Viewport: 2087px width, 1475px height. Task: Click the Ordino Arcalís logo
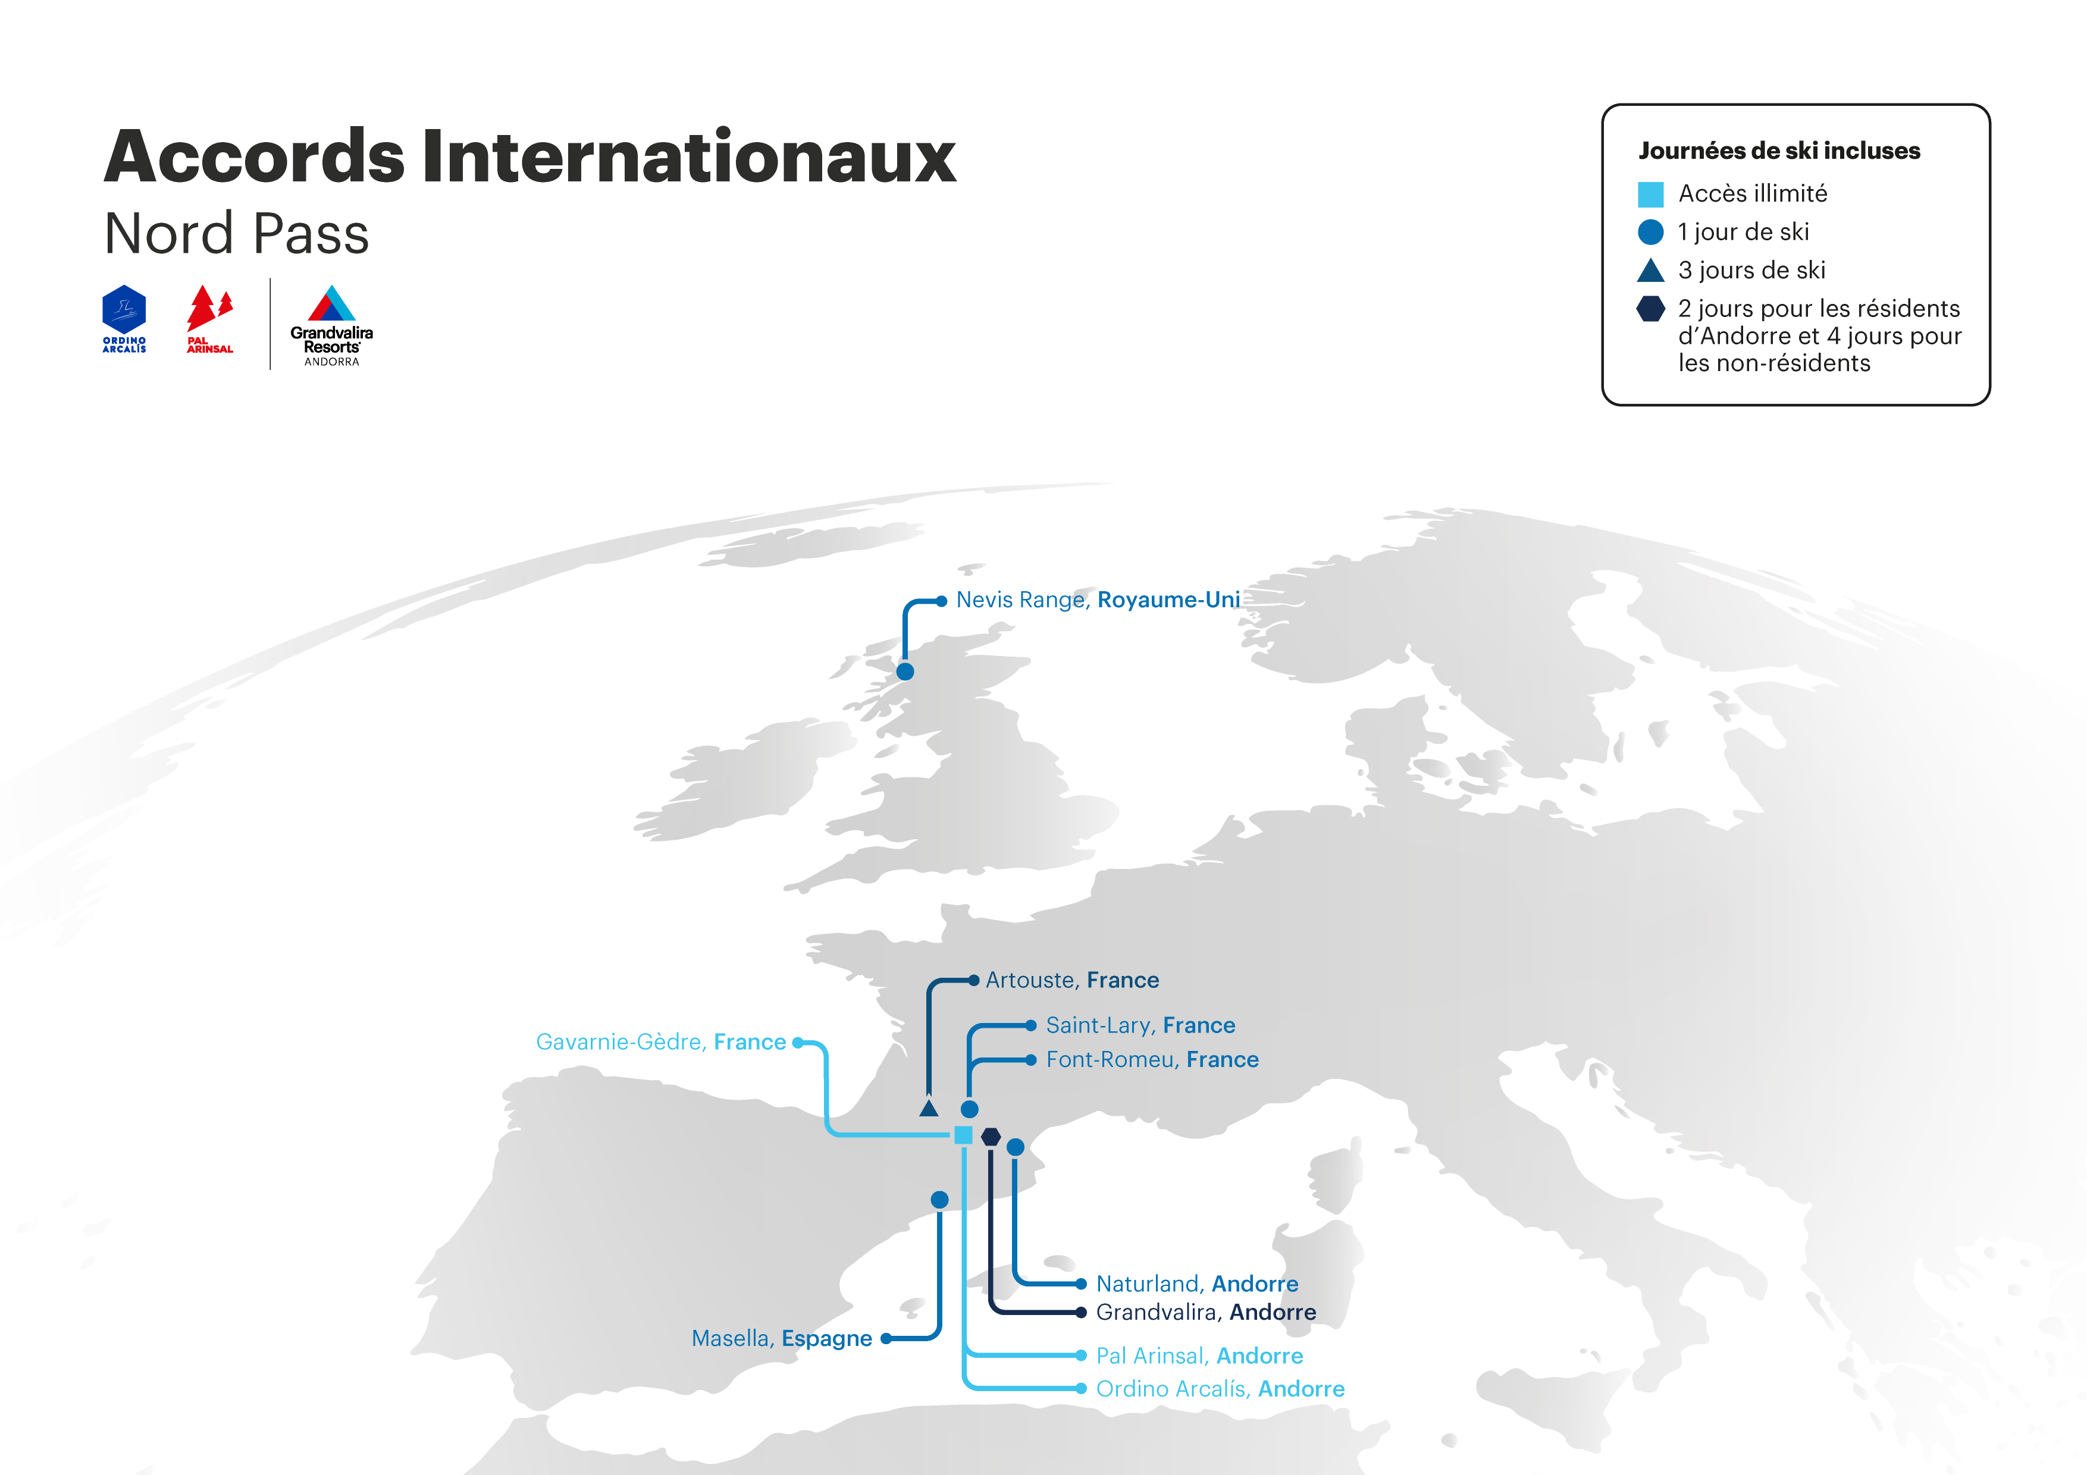[x=124, y=319]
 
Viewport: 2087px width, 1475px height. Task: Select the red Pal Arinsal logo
[x=210, y=319]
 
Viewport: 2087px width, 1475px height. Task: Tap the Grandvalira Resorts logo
[x=332, y=325]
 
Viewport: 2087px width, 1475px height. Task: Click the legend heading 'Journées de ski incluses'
[x=1779, y=151]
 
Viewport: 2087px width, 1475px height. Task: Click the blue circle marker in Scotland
[x=904, y=671]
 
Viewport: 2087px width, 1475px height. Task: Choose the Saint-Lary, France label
[x=1140, y=1025]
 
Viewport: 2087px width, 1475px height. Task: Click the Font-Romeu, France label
[x=1152, y=1060]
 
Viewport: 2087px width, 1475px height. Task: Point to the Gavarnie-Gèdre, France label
[x=661, y=1043]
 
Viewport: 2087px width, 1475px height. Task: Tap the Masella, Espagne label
[x=782, y=1339]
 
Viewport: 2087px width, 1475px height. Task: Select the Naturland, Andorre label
[x=1197, y=1283]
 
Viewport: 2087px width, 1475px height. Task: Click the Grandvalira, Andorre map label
[x=1205, y=1312]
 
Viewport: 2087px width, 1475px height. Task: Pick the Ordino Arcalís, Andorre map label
[x=1220, y=1389]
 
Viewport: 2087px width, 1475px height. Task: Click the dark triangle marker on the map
[x=928, y=1108]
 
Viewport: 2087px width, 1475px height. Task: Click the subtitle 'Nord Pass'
[x=236, y=234]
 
